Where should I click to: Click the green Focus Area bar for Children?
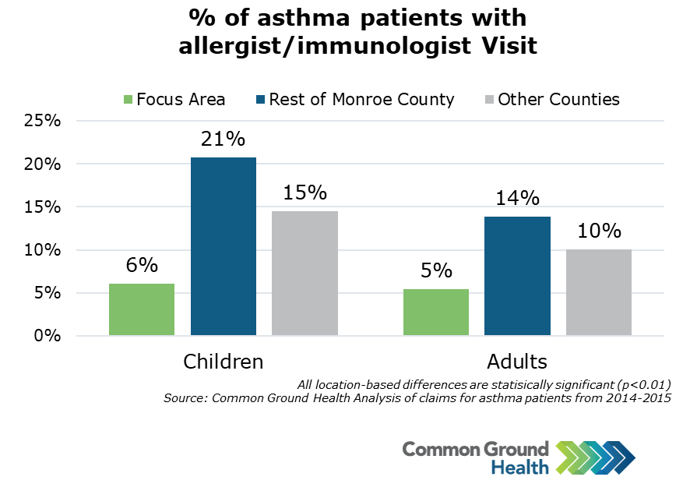[x=142, y=309]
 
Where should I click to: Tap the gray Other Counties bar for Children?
[x=305, y=274]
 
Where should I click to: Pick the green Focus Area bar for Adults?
[x=436, y=313]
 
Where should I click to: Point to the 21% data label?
[x=224, y=140]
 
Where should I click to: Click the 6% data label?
[x=142, y=266]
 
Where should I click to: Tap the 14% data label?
[x=517, y=198]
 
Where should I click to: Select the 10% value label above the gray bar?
[x=599, y=231]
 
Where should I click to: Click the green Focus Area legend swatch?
[x=128, y=100]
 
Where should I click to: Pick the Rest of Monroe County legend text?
[x=361, y=100]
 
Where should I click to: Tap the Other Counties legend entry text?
[x=558, y=100]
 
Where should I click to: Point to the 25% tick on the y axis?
[x=44, y=122]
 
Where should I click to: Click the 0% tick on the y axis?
[x=48, y=337]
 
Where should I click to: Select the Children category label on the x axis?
[x=224, y=362]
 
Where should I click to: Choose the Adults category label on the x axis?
[x=517, y=362]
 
